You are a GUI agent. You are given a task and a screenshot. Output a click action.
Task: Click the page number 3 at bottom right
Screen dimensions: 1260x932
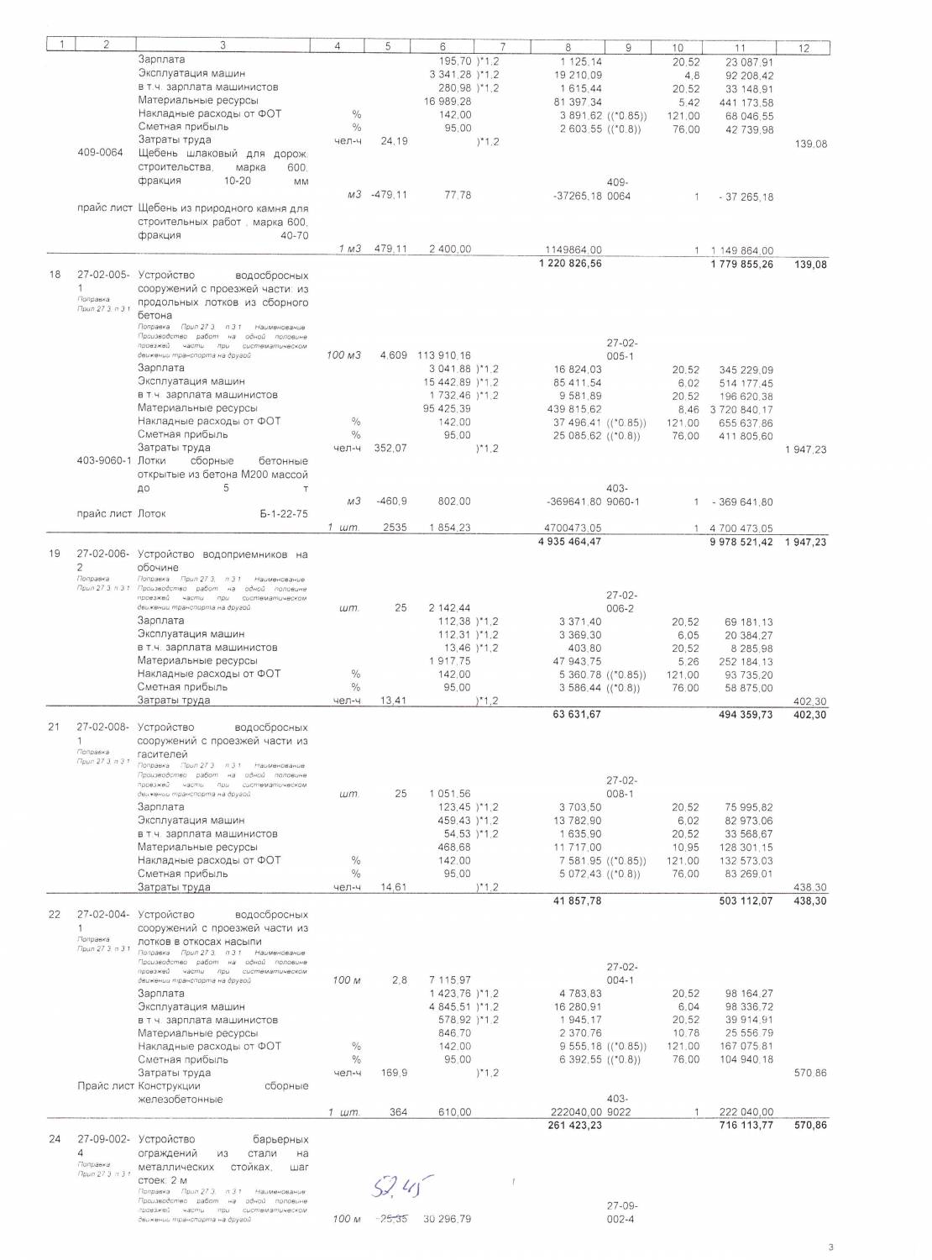point(830,1247)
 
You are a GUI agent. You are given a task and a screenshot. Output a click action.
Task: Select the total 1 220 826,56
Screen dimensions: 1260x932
point(568,263)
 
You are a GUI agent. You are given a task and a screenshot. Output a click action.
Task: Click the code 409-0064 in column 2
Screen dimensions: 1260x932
point(100,153)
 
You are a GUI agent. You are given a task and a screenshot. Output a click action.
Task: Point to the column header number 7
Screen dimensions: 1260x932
point(502,47)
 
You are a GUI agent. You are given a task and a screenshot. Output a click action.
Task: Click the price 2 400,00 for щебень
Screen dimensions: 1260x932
point(450,249)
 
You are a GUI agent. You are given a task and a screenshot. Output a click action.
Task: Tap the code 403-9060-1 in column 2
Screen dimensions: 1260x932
point(103,461)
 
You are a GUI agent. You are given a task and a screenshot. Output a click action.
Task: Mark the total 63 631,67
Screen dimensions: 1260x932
point(573,715)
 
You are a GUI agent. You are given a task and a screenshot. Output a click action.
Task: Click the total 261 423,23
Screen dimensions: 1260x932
point(573,1126)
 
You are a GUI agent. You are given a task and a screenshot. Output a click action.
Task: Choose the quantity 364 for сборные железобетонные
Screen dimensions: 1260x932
point(398,1112)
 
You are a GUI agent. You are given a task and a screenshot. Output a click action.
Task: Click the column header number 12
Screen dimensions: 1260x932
point(803,48)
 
